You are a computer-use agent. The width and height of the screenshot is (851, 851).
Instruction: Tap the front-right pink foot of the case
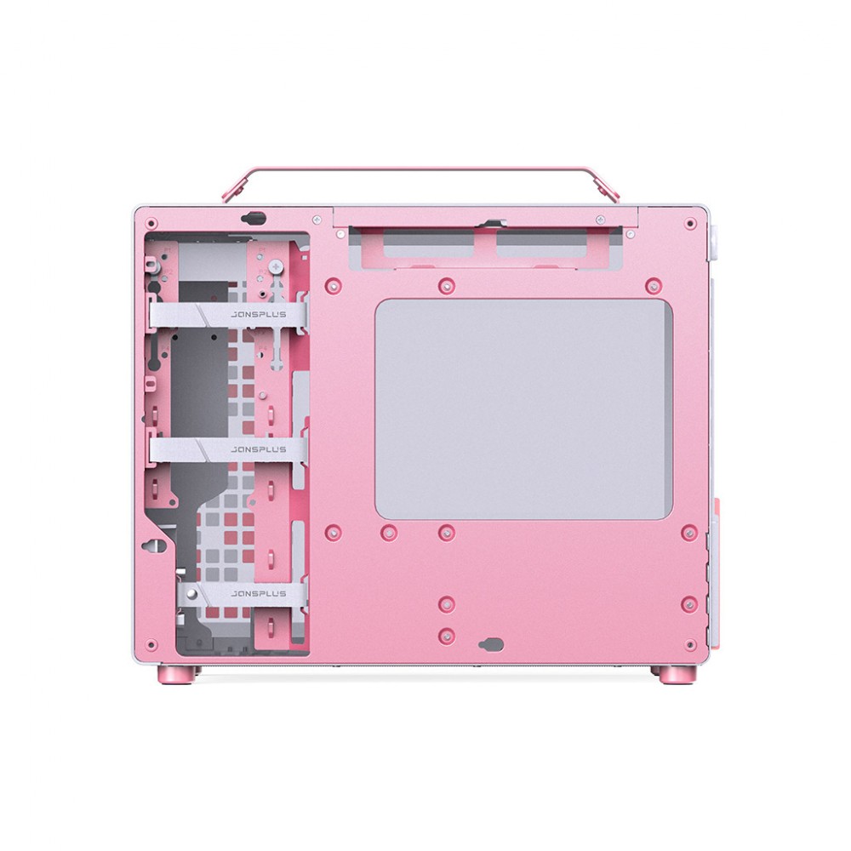point(677,674)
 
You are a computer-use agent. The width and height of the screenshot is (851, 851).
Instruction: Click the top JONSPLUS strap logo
point(259,314)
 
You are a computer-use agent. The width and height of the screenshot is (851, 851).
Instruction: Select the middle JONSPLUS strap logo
point(259,449)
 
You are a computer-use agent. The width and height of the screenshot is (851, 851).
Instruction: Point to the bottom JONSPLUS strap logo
point(259,594)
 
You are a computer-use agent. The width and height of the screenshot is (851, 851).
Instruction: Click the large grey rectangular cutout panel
point(523,408)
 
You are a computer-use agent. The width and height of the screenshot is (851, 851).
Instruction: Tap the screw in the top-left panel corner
point(152,223)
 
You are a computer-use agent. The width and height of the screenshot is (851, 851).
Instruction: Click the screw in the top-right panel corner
point(690,223)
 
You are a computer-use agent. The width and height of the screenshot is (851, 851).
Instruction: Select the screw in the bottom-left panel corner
point(152,645)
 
